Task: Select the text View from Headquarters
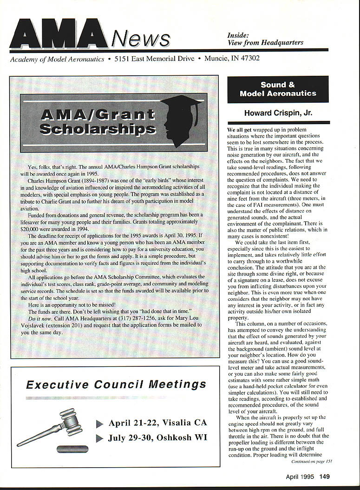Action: point(265,42)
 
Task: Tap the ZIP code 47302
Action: point(249,59)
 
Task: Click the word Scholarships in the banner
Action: point(97,128)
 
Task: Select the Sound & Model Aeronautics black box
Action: point(278,89)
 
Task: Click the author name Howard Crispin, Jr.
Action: point(278,113)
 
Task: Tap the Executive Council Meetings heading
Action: point(116,384)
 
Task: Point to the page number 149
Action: point(324,476)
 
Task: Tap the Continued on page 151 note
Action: point(311,461)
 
